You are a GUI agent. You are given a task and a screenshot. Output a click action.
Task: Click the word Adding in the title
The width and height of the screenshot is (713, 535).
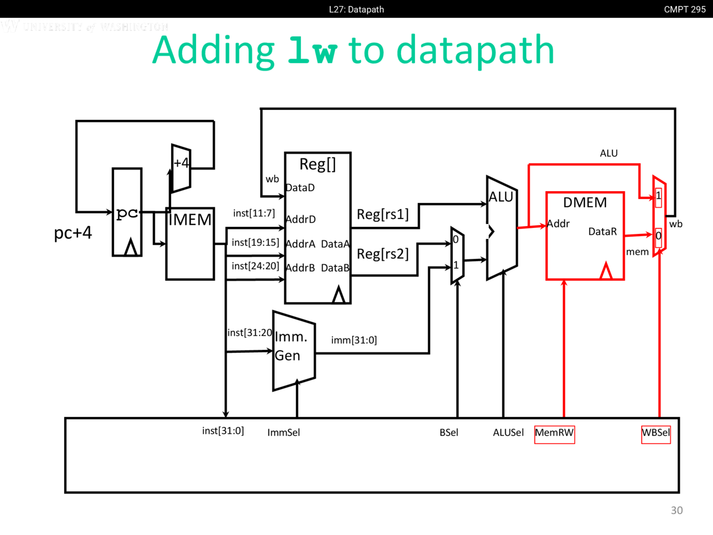point(213,51)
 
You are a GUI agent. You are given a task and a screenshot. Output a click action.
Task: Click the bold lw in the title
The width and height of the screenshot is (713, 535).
point(312,51)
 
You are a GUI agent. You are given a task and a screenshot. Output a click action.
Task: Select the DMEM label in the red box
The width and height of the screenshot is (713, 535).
point(585,202)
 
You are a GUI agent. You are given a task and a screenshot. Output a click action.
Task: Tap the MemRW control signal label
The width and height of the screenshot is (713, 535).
point(554,432)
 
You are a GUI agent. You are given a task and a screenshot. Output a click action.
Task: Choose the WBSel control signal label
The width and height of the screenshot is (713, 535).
point(656,432)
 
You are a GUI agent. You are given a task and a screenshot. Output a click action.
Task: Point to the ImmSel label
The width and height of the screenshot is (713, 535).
point(284,432)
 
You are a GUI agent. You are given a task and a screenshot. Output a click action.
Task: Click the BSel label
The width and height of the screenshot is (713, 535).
point(448,432)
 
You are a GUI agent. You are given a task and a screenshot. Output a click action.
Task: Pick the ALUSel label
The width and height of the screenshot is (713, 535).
point(508,432)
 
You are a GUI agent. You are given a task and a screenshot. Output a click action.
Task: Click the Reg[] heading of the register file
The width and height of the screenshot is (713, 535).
point(318,164)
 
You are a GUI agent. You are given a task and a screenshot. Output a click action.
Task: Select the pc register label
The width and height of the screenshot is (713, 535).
point(127,212)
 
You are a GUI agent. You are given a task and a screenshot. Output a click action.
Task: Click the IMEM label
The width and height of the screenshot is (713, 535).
point(190,220)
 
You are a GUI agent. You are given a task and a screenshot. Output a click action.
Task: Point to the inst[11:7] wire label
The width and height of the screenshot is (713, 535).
point(254,213)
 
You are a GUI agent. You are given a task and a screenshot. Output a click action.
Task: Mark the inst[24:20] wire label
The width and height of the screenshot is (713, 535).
point(255,266)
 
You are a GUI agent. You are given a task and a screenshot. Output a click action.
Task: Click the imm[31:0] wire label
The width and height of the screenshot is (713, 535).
point(354,340)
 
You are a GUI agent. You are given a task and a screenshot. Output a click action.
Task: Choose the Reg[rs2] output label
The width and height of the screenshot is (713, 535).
point(383,254)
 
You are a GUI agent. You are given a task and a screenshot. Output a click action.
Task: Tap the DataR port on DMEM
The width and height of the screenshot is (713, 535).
point(603,231)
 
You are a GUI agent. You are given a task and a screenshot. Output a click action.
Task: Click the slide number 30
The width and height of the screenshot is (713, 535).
point(677,510)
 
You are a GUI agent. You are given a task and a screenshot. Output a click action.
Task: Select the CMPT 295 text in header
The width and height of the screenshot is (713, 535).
point(685,9)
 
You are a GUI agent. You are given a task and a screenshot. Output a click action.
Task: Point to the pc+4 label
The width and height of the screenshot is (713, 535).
point(73,232)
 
